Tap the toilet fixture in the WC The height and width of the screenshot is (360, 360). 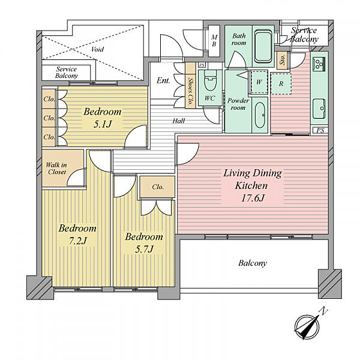pos(211,80)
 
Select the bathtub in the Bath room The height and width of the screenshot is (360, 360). pos(263,47)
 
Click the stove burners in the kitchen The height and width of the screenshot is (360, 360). pos(319,64)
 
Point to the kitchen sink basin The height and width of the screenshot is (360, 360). pos(319,109)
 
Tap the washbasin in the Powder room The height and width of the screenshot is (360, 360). pos(260,115)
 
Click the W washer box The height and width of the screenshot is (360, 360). pos(259,82)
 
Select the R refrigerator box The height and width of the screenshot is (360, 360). pos(281,84)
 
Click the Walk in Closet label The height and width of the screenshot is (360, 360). pos(56,168)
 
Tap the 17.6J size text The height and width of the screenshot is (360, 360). pos(253,198)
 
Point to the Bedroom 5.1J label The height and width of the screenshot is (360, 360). pos(103,118)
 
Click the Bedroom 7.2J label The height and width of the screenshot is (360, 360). pos(77,234)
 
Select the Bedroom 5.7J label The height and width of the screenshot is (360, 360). pos(144,242)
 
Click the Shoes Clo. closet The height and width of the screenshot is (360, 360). pos(190,85)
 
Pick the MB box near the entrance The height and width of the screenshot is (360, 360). pos(214,41)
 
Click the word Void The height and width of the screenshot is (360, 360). pos(97,49)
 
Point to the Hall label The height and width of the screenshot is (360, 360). pos(179,121)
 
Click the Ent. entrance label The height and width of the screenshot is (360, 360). pos(163,80)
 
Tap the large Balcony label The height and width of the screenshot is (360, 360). pos(253,263)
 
